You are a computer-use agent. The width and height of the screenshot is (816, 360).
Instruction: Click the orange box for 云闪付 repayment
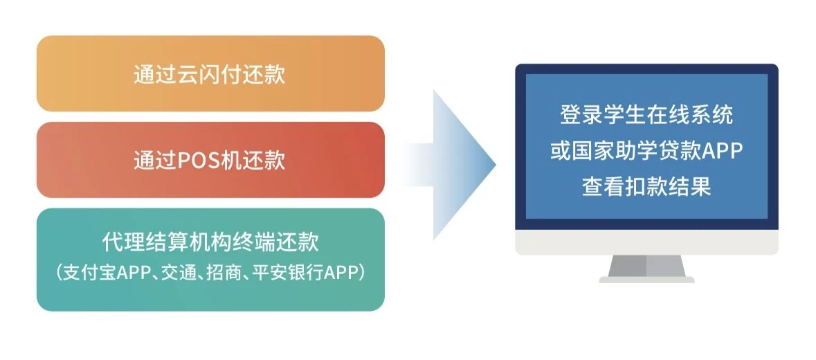210,73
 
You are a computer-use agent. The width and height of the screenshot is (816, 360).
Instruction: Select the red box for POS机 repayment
210,160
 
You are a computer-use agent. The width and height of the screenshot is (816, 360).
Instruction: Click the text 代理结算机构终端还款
210,242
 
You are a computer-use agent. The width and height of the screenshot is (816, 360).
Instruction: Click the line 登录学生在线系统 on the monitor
646,114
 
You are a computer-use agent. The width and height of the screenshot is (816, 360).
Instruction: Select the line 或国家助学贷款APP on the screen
646,150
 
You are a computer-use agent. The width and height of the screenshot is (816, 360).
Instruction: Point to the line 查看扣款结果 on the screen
646,186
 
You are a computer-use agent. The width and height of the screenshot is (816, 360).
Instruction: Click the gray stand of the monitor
647,266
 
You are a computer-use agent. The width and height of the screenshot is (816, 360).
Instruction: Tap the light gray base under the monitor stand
647,280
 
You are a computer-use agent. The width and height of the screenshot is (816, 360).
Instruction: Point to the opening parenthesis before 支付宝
60,273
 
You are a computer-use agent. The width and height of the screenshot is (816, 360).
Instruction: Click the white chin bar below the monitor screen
647,242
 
